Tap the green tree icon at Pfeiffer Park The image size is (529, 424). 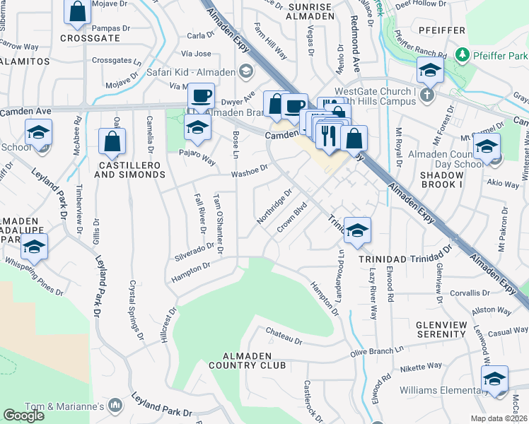(463, 54)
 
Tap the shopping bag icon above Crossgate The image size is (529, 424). (78, 11)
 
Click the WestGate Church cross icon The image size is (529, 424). (426, 95)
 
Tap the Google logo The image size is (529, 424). (24, 416)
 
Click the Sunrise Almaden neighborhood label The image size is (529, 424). (310, 11)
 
